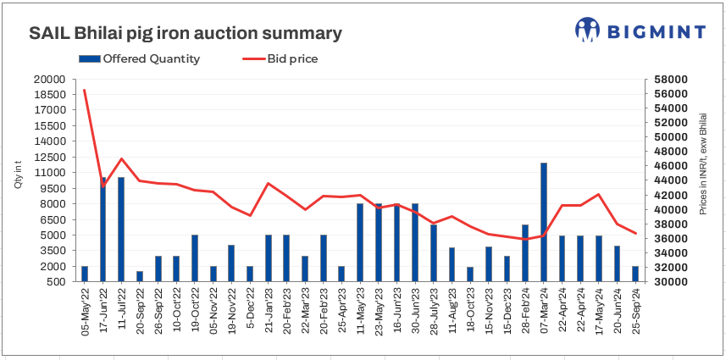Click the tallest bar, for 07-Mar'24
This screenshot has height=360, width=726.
544,222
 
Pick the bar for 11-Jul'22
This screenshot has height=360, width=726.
121,229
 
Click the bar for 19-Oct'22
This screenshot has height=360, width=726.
195,258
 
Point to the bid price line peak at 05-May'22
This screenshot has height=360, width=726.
85,90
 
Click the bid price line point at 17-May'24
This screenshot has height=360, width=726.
599,194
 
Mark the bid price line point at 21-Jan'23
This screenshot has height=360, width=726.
269,183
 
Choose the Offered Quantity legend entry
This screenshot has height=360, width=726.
140,59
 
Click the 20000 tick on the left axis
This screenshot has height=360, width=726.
49,79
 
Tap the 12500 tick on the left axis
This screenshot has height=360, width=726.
49,157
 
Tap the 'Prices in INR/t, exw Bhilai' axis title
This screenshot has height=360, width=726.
702,163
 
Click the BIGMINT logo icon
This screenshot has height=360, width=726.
587,30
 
